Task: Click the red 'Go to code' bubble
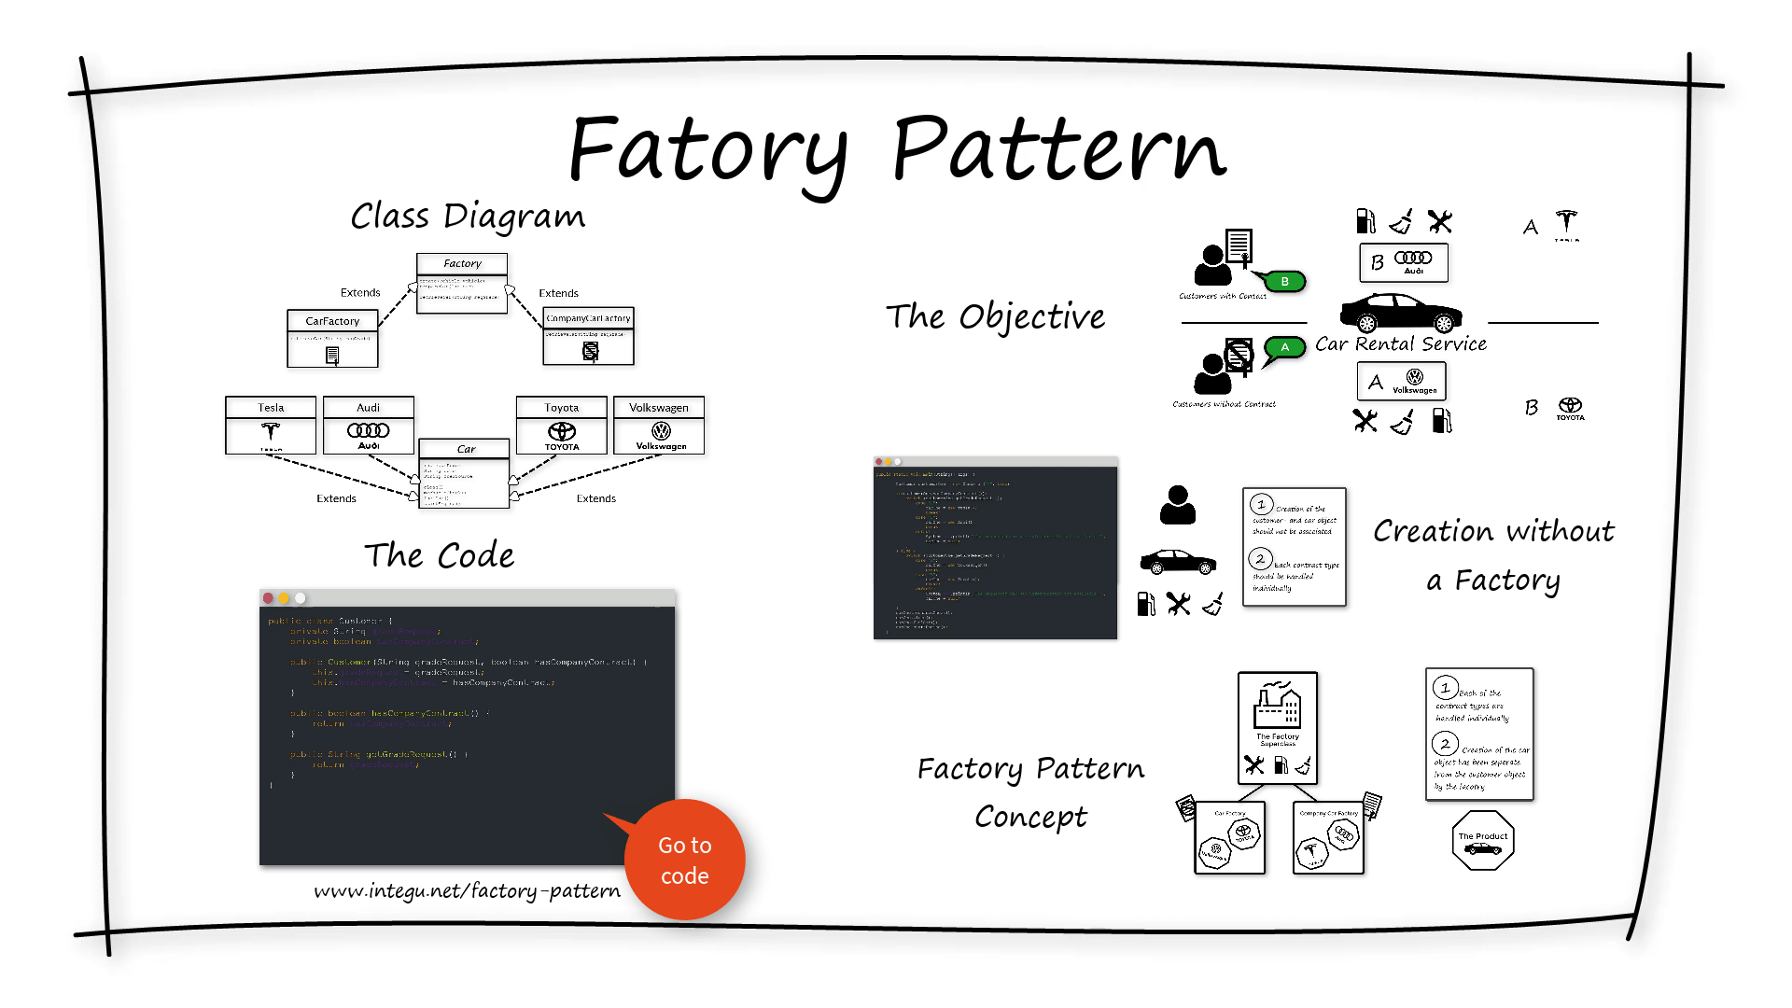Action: click(685, 860)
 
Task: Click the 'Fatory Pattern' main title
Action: click(897, 149)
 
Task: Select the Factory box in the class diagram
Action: click(462, 283)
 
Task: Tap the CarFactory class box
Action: click(332, 339)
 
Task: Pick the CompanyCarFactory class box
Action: click(588, 336)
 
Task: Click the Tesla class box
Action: click(271, 425)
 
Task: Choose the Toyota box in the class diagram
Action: click(561, 425)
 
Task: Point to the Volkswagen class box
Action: click(659, 425)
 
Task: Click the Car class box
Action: click(465, 473)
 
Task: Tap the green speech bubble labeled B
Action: click(1284, 281)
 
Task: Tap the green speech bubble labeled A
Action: click(1284, 348)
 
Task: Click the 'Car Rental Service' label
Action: click(1400, 343)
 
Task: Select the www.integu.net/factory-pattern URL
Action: click(467, 890)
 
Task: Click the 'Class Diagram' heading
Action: click(468, 216)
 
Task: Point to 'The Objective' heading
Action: click(995, 316)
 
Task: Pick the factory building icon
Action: click(1277, 706)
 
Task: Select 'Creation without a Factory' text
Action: click(1493, 554)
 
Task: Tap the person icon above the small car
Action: click(1178, 505)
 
